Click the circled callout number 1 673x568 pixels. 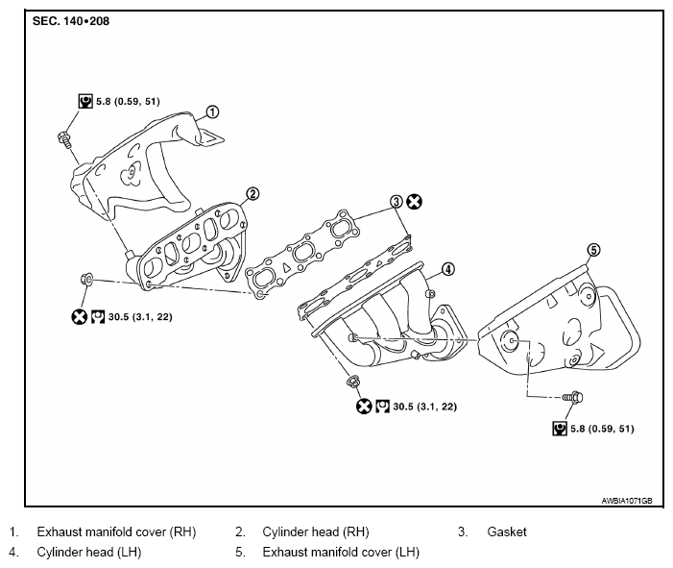point(212,112)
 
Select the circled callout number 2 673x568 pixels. point(252,194)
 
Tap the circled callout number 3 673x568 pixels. point(397,202)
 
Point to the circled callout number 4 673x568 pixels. point(447,269)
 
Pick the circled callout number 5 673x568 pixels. point(593,250)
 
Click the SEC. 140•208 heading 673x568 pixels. point(71,21)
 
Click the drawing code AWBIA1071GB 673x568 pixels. point(627,501)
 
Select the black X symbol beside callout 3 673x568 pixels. point(414,202)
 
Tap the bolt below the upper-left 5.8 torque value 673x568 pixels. point(64,139)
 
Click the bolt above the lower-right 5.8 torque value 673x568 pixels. point(573,398)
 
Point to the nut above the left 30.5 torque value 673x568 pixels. point(86,280)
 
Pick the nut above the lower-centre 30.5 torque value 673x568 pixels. point(353,382)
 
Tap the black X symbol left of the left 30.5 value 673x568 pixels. point(79,317)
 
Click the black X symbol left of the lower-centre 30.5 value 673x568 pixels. point(364,407)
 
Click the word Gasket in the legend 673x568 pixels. point(507,531)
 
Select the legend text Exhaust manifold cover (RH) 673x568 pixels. point(116,531)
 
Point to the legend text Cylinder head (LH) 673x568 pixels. point(89,552)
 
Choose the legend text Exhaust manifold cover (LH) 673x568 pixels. point(341,552)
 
